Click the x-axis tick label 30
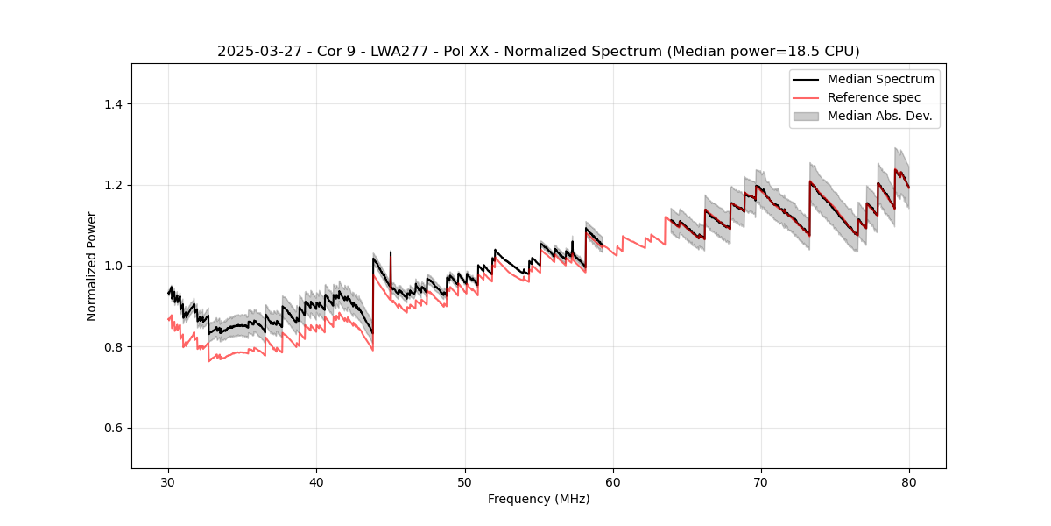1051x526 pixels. [169, 482]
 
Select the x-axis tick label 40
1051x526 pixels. [317, 482]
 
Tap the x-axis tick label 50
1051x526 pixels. [465, 482]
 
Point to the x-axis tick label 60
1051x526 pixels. [613, 482]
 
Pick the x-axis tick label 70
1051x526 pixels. [761, 482]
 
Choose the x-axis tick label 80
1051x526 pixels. [909, 482]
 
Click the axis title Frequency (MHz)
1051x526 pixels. [539, 499]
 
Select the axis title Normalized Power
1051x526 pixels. [92, 266]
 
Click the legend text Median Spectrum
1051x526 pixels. [880, 79]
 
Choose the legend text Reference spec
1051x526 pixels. [873, 97]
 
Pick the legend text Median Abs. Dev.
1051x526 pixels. [879, 116]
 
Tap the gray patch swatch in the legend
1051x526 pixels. [806, 116]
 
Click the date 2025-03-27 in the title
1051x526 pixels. [254, 52]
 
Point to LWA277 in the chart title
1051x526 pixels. [385, 52]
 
